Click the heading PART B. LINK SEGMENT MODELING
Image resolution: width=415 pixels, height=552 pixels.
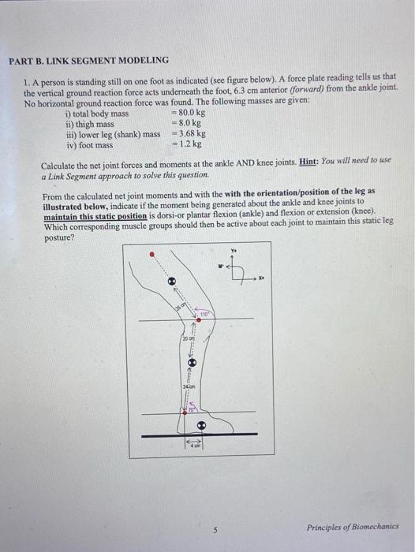(88, 60)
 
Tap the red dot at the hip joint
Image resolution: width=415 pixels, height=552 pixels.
(152, 254)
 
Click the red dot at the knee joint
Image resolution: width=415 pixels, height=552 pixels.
(188, 319)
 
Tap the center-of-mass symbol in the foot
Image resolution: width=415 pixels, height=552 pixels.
(201, 424)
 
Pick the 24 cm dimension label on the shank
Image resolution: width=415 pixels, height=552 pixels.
(187, 387)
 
